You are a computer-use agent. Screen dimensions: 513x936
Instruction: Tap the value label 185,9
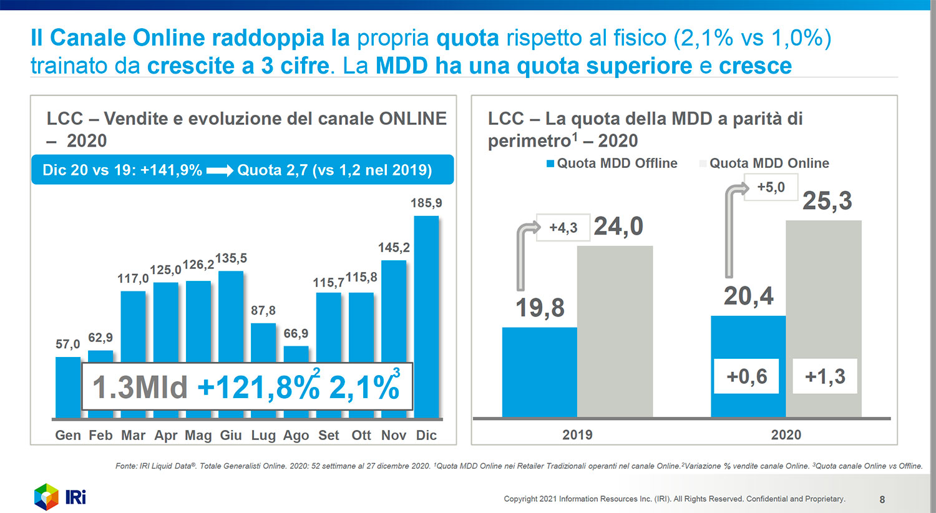tap(426, 203)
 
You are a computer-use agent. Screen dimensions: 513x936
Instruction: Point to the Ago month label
tap(296, 435)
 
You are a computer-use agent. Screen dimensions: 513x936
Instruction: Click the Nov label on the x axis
tap(394, 435)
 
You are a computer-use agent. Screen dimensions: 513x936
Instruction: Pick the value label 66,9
tap(296, 333)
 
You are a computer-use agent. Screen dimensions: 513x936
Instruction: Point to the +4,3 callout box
tap(563, 228)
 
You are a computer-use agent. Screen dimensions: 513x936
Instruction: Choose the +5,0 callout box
tap(771, 187)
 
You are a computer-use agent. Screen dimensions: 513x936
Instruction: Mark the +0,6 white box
tap(747, 376)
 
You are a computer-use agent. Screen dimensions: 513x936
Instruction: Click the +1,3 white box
tap(824, 376)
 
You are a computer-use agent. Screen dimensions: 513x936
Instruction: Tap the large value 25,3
tap(827, 201)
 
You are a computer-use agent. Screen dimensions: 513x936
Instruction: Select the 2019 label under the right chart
tap(577, 434)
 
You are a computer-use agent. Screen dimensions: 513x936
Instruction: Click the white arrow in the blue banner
tap(220, 170)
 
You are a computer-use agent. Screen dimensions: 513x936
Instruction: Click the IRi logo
tap(60, 497)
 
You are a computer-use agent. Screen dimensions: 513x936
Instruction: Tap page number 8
tap(882, 499)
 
